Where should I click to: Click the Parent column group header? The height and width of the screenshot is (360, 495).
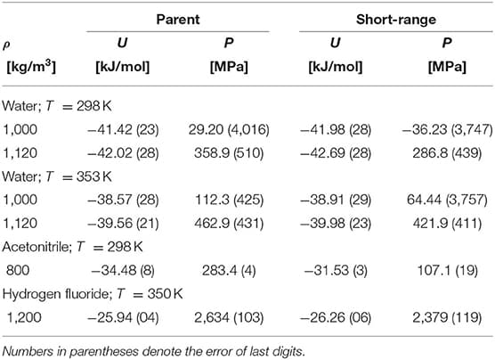[178, 20]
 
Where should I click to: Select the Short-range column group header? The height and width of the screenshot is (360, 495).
[396, 20]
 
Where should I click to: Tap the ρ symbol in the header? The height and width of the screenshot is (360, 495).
[6, 45]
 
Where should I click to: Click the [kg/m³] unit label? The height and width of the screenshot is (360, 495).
[31, 67]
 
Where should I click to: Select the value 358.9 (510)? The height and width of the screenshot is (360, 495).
[229, 153]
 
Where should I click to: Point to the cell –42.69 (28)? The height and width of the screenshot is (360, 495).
[336, 153]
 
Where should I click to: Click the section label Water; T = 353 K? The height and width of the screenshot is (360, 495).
[57, 176]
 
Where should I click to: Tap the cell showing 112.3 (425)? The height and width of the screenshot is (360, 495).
[229, 200]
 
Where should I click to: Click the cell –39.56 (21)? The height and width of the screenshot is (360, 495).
[123, 223]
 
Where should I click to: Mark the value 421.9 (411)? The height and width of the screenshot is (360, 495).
[447, 223]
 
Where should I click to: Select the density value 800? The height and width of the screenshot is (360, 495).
[18, 270]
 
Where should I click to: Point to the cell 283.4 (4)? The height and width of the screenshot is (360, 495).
[229, 270]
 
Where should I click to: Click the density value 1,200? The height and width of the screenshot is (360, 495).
[24, 317]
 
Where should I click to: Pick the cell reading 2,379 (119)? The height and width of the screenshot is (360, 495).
[447, 317]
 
